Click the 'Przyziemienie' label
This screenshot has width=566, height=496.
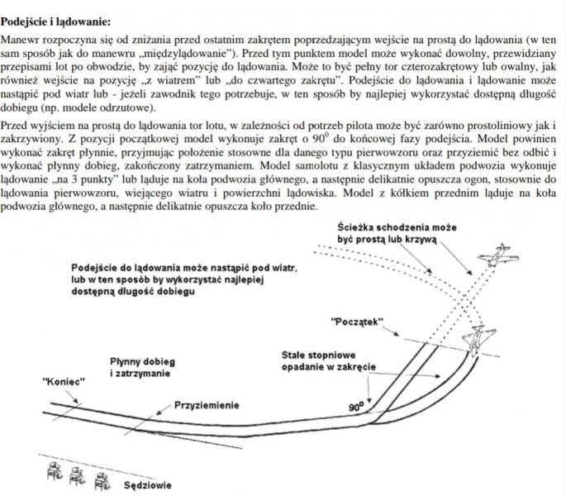coord(207,405)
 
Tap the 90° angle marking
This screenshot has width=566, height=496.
coord(356,407)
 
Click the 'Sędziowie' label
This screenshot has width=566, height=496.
coord(149,485)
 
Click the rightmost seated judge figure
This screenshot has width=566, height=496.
coord(102,479)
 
